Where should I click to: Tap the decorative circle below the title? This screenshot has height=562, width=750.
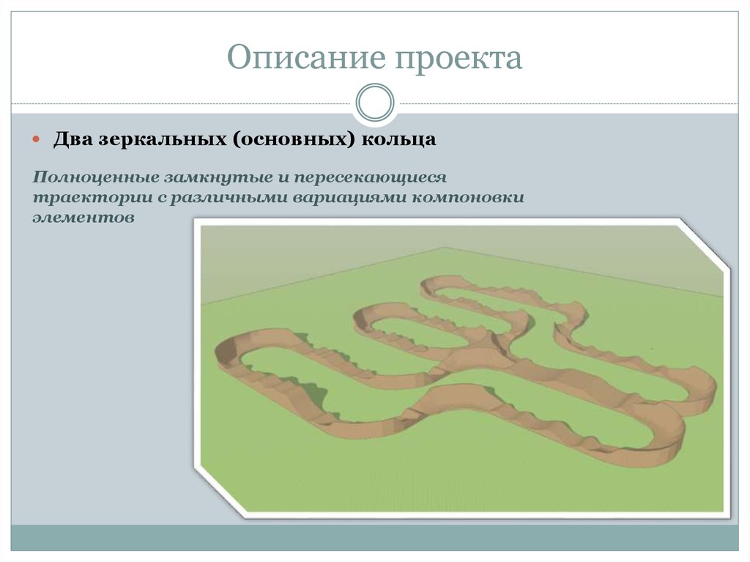(x=374, y=103)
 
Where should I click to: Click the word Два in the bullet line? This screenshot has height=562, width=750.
(x=72, y=139)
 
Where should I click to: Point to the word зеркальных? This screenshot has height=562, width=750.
(x=160, y=139)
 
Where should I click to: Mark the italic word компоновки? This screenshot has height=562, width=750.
(x=469, y=198)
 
